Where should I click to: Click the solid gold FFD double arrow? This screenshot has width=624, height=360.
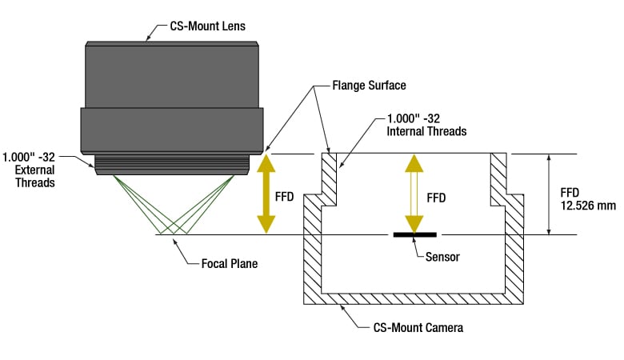[x=265, y=194]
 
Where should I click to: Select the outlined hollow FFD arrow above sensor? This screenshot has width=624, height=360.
[x=414, y=194]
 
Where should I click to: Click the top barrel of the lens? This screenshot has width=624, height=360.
[x=173, y=74]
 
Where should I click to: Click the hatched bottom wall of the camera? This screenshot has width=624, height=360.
[x=413, y=298]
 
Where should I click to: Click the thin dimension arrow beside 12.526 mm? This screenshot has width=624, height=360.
[x=549, y=194]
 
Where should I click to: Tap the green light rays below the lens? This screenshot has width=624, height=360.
[x=173, y=205]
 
